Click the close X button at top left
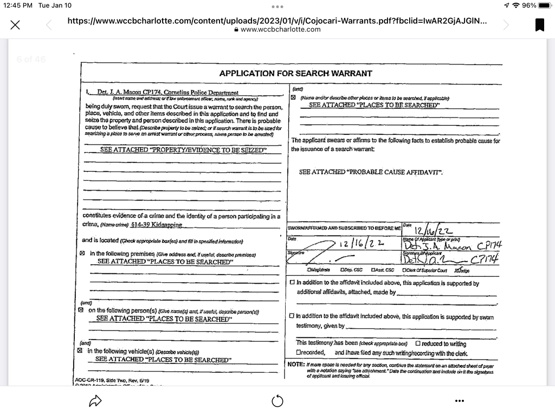16,25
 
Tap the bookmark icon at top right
539,25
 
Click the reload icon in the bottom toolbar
277,401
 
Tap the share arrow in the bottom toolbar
95,401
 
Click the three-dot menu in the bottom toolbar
459,401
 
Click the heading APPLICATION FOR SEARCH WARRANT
295,73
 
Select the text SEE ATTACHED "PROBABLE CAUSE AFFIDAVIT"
371,172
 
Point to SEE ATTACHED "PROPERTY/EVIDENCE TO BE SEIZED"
183,149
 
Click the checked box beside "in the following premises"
83,253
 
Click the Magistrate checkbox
309,270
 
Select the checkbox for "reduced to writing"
418,343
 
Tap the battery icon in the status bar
544,5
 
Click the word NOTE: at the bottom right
296,365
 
